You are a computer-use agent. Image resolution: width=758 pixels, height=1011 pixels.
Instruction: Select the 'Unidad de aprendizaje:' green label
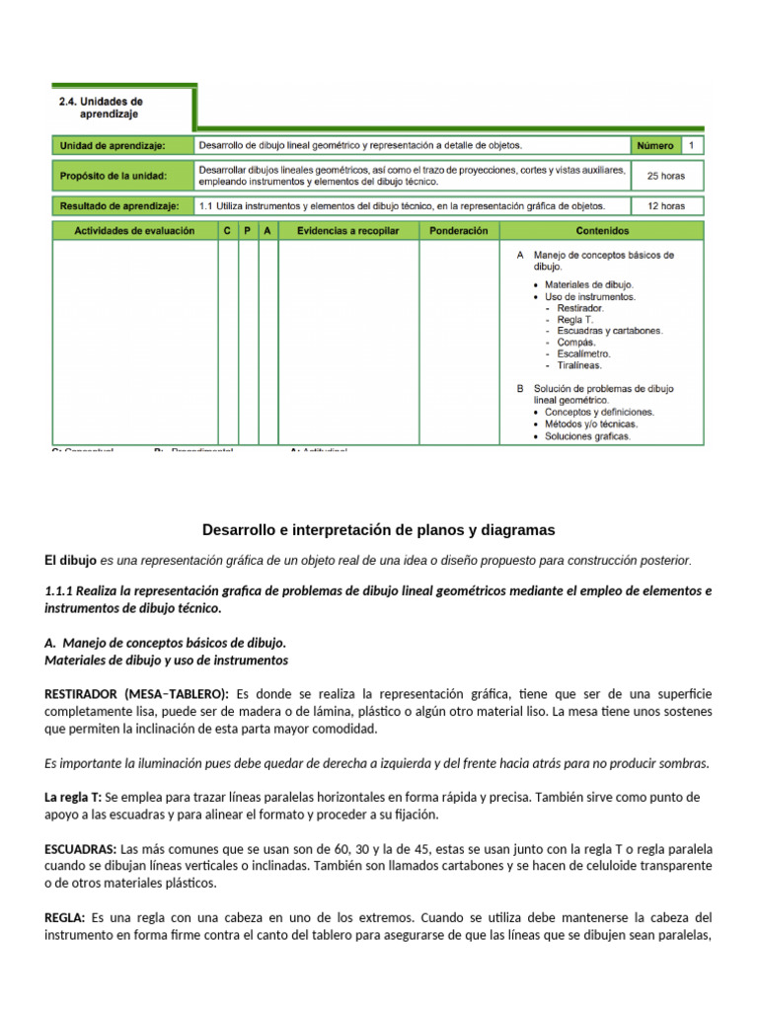click(113, 146)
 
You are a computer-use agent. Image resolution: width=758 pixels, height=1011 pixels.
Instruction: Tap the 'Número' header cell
click(654, 146)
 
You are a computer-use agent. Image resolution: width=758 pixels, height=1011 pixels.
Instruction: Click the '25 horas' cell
click(665, 176)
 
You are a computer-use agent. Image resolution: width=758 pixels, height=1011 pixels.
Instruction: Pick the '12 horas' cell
click(665, 206)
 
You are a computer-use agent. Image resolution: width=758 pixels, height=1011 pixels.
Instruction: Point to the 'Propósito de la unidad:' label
click(114, 176)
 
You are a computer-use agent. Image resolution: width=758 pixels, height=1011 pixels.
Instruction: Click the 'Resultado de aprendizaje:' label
click(119, 206)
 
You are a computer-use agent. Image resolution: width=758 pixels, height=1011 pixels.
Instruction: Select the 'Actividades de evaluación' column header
click(134, 230)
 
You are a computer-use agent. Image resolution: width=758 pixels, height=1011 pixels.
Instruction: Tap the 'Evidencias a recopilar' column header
click(347, 230)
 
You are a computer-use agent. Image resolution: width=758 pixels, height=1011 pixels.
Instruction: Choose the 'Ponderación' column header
click(459, 230)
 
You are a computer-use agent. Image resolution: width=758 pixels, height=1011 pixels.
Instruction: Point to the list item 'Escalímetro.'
click(583, 353)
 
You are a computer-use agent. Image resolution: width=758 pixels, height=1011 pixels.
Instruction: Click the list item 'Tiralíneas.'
click(579, 365)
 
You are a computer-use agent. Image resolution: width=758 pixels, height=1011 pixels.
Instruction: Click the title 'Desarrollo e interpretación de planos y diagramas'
click(379, 530)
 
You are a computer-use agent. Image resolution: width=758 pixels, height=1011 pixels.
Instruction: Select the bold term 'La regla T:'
click(72, 797)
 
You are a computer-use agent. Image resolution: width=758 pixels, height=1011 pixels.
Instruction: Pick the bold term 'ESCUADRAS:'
click(81, 848)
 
